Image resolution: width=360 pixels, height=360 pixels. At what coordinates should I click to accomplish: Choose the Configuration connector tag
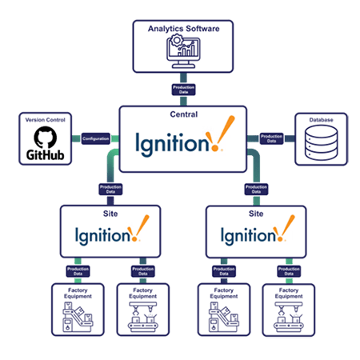pyautogui.click(x=94, y=138)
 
